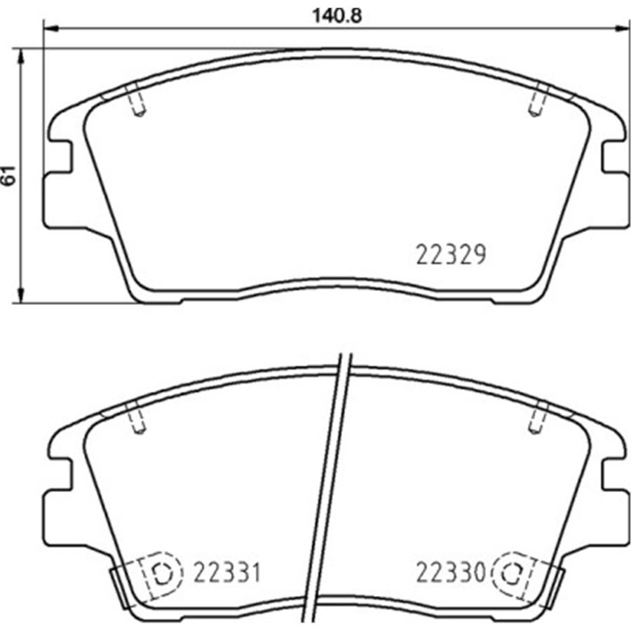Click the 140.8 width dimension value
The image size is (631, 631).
[x=337, y=15]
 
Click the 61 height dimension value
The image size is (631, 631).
[x=9, y=175]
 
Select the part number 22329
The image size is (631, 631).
[x=451, y=255]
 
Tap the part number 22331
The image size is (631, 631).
[x=227, y=572]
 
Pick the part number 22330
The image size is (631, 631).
[x=451, y=572]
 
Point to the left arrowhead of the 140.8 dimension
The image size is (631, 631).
[x=50, y=29]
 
